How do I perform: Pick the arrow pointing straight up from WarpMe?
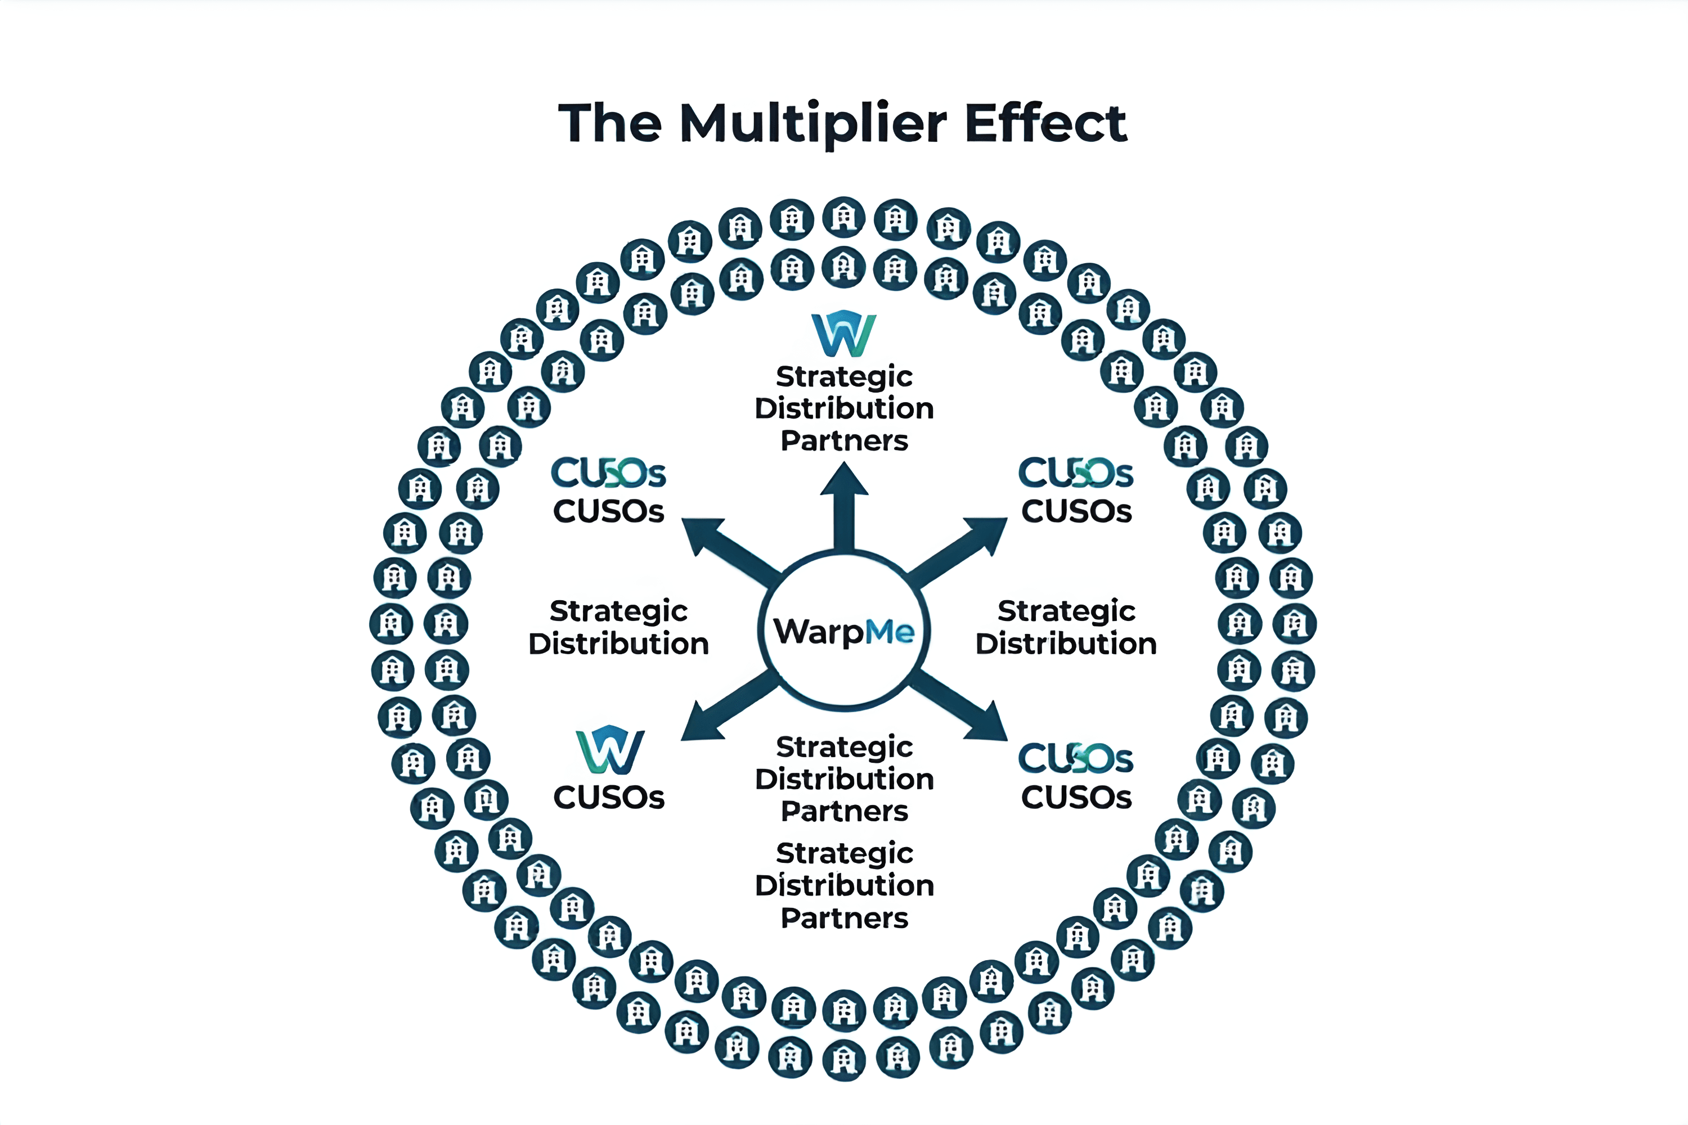pyautogui.click(x=844, y=506)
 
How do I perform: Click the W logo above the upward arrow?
pyautogui.click(x=844, y=334)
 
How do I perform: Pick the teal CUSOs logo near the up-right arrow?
pyautogui.click(x=1076, y=473)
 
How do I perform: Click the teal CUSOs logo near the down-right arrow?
pyautogui.click(x=1076, y=759)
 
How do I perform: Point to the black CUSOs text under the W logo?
pyautogui.click(x=609, y=798)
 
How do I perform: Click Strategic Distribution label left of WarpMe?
pyautogui.click(x=618, y=627)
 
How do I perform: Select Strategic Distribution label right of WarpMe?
pyautogui.click(x=1066, y=627)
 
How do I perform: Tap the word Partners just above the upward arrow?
pyautogui.click(x=844, y=440)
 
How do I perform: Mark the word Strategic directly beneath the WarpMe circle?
pyautogui.click(x=844, y=747)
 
